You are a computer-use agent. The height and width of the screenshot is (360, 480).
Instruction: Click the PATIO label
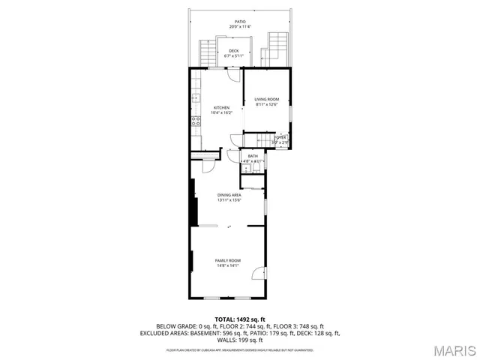240,22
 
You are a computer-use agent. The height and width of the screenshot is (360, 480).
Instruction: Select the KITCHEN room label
221,108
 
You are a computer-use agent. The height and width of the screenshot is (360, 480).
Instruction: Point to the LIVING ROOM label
266,99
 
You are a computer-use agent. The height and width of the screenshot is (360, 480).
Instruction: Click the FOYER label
280,137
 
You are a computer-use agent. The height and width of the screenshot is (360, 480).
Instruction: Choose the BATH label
253,156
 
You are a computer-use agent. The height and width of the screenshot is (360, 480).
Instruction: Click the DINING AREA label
229,195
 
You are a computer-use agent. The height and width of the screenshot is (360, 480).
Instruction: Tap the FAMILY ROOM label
228,260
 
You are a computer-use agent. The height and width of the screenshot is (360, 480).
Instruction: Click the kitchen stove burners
195,120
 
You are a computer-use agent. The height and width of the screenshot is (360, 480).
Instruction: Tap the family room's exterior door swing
259,274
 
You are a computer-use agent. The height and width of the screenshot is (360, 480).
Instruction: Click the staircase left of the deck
208,52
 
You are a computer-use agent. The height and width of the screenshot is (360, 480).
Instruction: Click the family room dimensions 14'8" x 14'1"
228,265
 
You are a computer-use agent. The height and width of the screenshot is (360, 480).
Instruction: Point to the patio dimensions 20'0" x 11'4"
240,27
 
